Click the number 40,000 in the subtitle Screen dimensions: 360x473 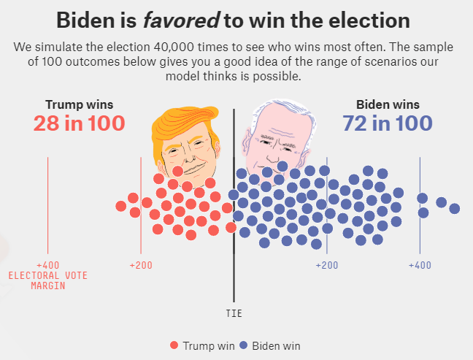point(167,47)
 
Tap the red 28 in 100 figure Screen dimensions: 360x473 point(79,123)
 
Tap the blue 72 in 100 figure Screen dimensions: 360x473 point(388,123)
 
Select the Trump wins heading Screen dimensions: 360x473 point(79,104)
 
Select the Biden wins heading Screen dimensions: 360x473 point(387,104)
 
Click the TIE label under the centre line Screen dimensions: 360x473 point(234,313)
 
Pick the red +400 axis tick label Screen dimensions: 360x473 point(47,264)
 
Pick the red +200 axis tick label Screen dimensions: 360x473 point(140,264)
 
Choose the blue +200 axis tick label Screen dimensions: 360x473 point(326,264)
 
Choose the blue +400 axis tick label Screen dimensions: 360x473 point(419,264)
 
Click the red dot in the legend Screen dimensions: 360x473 point(174,345)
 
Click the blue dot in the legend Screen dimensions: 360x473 point(244,345)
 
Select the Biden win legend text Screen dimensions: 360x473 point(276,345)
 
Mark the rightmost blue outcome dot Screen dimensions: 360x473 point(455,209)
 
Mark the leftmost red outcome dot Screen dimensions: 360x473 point(121,207)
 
